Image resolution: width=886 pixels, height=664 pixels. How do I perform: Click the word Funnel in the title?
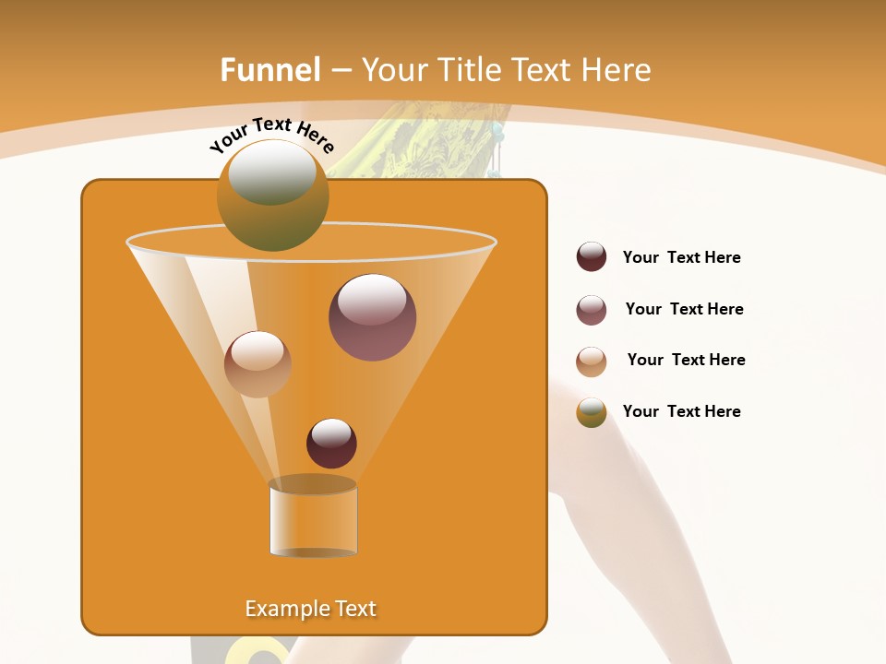269,70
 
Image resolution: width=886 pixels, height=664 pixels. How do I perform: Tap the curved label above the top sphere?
272,135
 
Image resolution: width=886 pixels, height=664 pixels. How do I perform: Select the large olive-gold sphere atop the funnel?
272,196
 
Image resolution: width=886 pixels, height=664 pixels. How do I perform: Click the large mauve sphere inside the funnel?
372,317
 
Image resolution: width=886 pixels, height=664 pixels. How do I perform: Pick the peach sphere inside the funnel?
257,364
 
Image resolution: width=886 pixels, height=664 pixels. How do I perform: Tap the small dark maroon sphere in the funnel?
331,444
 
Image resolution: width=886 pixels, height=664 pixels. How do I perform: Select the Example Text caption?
311,609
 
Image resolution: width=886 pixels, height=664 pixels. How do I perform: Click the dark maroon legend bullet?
592,257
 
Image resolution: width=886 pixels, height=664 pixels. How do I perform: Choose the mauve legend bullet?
592,310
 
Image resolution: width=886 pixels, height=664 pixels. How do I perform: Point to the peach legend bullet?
592,362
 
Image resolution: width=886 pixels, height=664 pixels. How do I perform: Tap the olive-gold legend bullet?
592,412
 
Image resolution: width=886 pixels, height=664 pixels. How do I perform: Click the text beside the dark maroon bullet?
681,257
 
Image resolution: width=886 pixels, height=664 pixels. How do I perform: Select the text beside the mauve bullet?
684,309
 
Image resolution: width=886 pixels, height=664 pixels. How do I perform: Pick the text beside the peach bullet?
686,360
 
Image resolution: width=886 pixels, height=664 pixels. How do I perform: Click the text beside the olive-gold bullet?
681,411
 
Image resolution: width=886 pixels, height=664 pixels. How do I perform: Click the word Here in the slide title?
610,70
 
